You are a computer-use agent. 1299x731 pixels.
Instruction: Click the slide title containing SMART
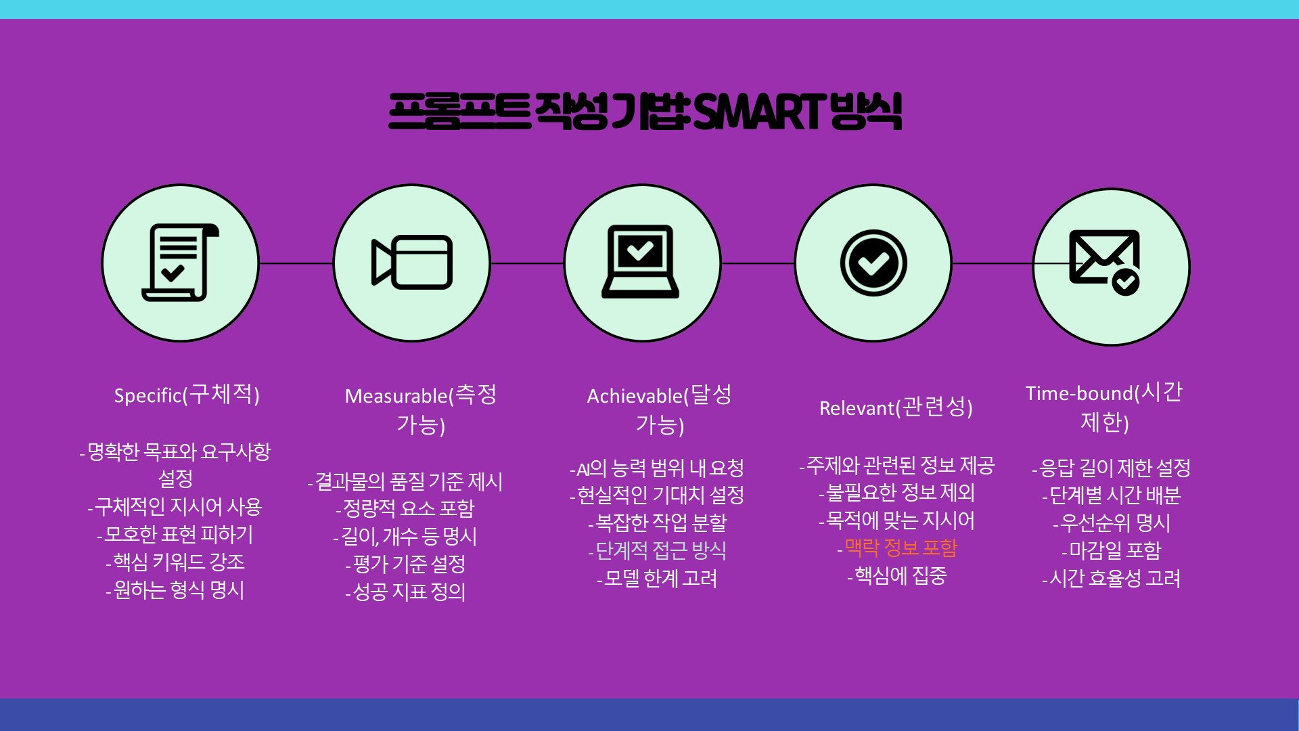pyautogui.click(x=645, y=112)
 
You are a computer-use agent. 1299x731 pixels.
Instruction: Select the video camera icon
pyautogui.click(x=412, y=263)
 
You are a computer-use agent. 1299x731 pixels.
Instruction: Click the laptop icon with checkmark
pyautogui.click(x=640, y=261)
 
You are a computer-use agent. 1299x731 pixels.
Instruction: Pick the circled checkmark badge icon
pyautogui.click(x=873, y=263)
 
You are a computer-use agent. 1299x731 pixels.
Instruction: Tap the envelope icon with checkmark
pyautogui.click(x=1104, y=262)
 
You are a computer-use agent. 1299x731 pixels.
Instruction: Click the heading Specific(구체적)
pyautogui.click(x=187, y=394)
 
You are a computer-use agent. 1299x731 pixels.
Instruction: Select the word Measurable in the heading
pyautogui.click(x=396, y=396)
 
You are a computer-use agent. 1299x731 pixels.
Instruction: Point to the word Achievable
pyautogui.click(x=635, y=396)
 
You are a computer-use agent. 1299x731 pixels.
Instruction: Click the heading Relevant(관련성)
pyautogui.click(x=896, y=407)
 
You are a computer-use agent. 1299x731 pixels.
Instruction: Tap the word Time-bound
pyautogui.click(x=1079, y=393)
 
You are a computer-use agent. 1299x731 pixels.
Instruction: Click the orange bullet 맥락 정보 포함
pyautogui.click(x=897, y=548)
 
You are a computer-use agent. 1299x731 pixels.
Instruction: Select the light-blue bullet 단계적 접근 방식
pyautogui.click(x=657, y=550)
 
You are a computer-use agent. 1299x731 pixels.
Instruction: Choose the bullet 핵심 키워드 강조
pyautogui.click(x=175, y=562)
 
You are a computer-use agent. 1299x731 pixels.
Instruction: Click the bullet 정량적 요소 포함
pyautogui.click(x=405, y=508)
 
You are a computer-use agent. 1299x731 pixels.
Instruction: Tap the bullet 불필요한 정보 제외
pyautogui.click(x=897, y=493)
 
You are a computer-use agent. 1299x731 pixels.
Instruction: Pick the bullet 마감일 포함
pyautogui.click(x=1111, y=550)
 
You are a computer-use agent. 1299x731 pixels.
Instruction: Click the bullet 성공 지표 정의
pyautogui.click(x=405, y=592)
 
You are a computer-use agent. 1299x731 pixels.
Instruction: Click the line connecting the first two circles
pyautogui.click(x=296, y=263)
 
